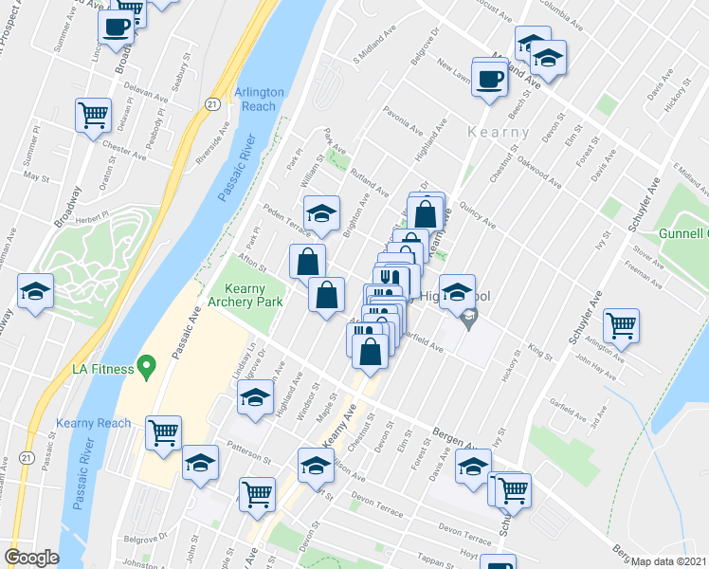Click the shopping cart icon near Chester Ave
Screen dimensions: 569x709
[93, 117]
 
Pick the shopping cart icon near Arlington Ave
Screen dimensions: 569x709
[621, 326]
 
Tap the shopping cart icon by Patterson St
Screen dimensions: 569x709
[164, 432]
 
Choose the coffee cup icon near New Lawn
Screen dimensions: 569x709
[489, 79]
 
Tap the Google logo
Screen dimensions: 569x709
[31, 558]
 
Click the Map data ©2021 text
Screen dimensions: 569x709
[668, 561]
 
